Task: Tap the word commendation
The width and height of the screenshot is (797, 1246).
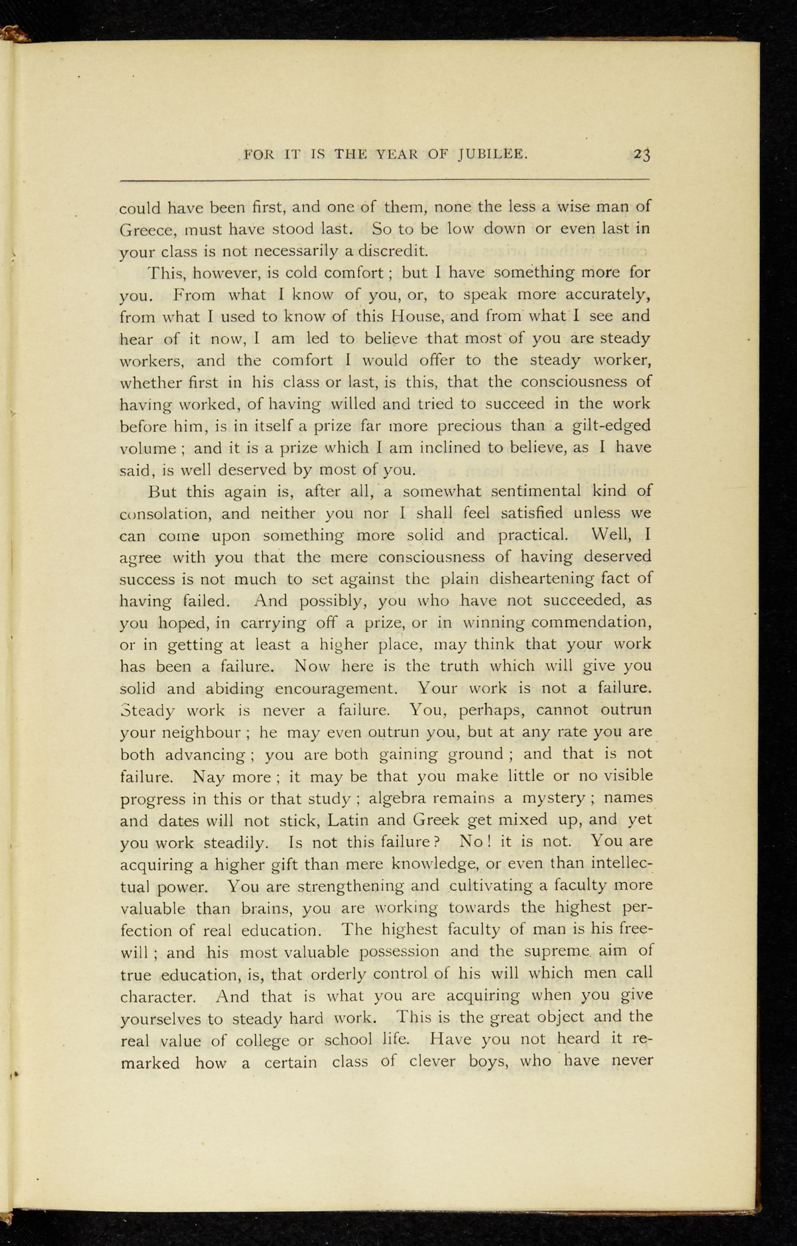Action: pyautogui.click(x=593, y=622)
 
